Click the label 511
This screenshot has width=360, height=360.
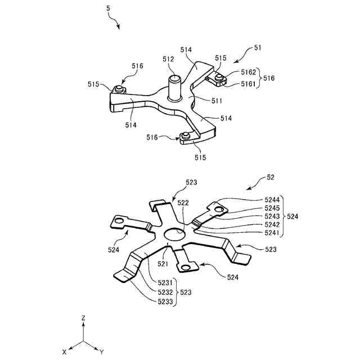(x=201, y=101)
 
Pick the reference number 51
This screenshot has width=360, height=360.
(x=258, y=48)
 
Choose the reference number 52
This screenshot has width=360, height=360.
(x=271, y=177)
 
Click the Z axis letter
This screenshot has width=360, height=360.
(x=83, y=318)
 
